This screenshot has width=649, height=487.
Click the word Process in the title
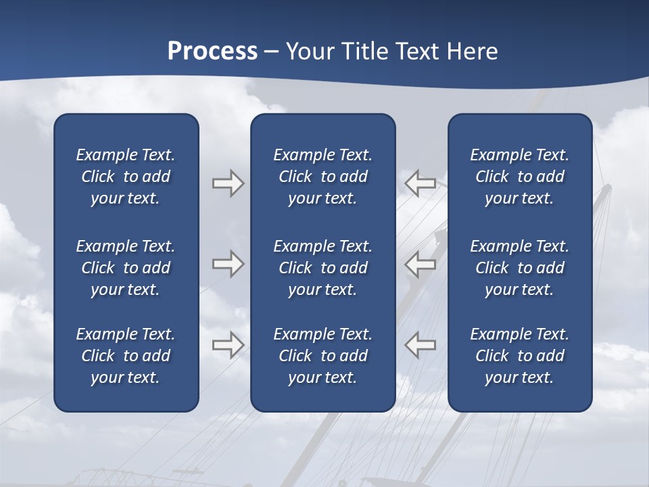212,51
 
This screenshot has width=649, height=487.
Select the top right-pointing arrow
228,183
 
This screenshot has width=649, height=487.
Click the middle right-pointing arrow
228,264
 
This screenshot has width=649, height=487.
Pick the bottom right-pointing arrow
228,345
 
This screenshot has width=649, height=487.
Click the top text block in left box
126,177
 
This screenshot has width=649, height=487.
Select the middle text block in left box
126,268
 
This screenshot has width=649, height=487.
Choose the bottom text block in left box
126,356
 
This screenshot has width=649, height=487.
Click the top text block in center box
322,177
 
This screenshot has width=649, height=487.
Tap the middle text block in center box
322,268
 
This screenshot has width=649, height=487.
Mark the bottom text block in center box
322,356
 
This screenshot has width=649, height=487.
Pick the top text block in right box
519,177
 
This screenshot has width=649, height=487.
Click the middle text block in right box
519,268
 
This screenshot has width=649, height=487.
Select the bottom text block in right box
519,356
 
